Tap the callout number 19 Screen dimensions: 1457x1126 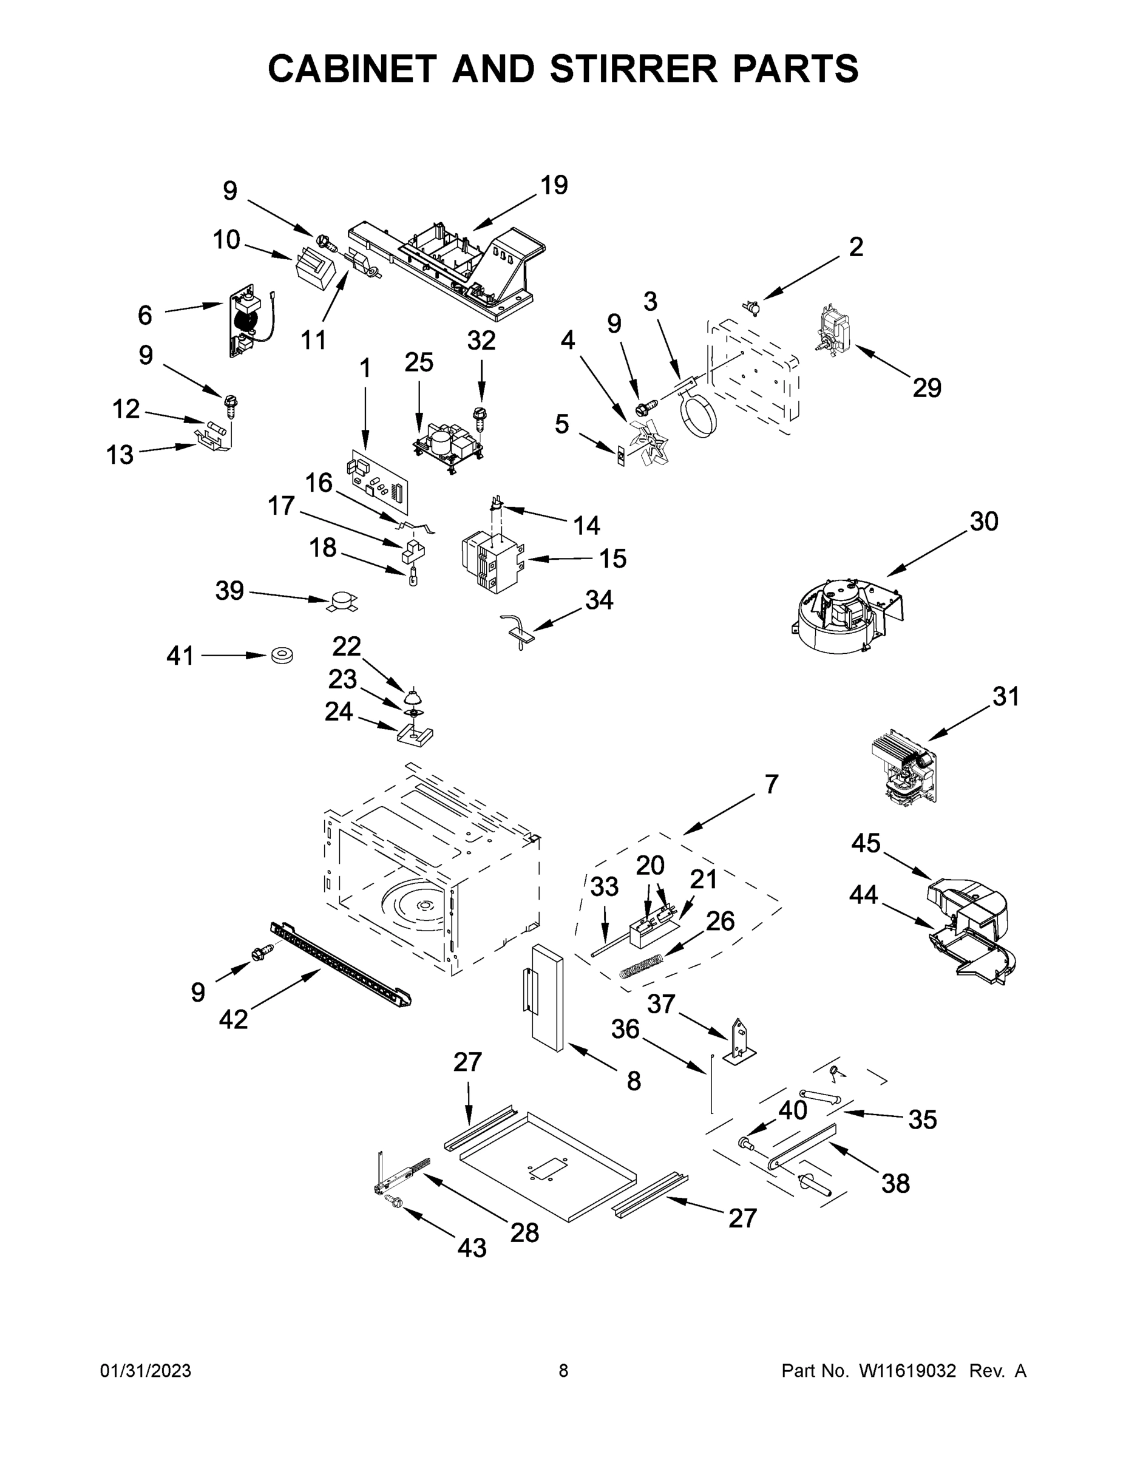[554, 185]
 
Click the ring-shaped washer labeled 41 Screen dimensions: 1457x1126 [283, 656]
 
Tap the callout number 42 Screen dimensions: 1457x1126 [234, 1019]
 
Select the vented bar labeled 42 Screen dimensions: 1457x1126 [340, 964]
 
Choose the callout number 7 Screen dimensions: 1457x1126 [771, 784]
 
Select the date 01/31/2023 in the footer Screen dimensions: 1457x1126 [146, 1371]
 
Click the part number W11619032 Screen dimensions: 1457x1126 [907, 1371]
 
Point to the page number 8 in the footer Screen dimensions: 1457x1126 [563, 1371]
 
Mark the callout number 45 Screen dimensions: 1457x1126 [865, 843]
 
